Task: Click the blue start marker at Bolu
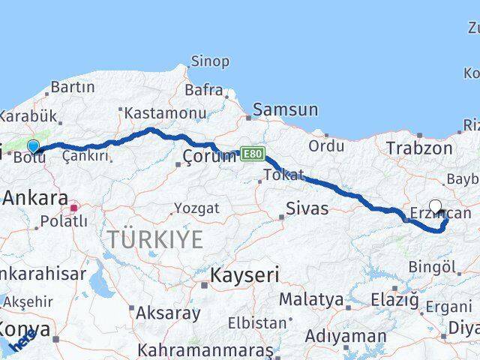point(33,146)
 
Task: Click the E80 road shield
point(253,153)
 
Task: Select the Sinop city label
point(210,61)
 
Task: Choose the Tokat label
point(283,175)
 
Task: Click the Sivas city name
point(307,208)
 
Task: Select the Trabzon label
point(419,148)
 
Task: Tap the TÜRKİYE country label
point(155,240)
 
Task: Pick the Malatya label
point(311,299)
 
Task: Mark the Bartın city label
point(73,87)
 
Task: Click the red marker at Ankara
point(74,206)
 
